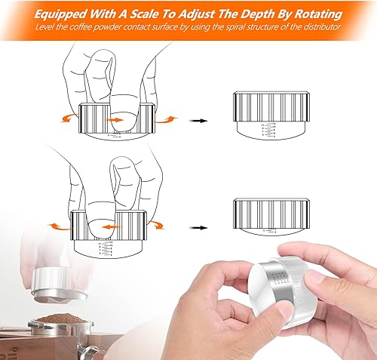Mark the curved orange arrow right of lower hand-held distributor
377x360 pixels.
(156, 223)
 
